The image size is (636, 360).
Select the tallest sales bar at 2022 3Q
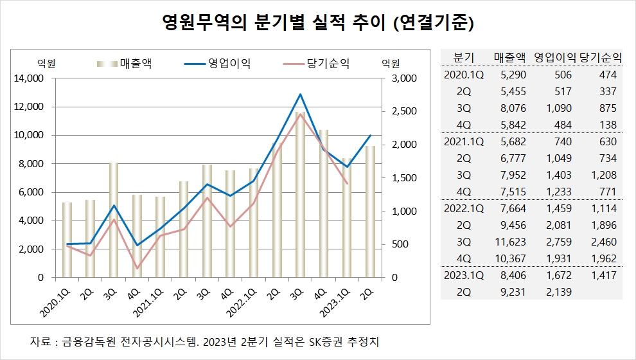click(301, 193)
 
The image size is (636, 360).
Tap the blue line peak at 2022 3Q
click(301, 94)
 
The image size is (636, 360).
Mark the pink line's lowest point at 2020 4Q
click(137, 268)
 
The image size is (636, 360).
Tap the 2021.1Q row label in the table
click(463, 141)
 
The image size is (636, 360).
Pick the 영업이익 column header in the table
click(555, 57)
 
